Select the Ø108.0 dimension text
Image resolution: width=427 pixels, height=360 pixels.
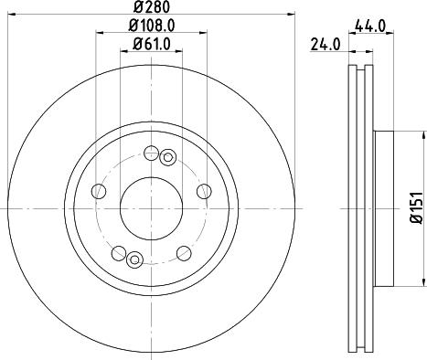tap(150, 26)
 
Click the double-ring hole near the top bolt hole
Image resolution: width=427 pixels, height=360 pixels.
tap(167, 158)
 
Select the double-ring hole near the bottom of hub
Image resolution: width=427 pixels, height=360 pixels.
tap(133, 258)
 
